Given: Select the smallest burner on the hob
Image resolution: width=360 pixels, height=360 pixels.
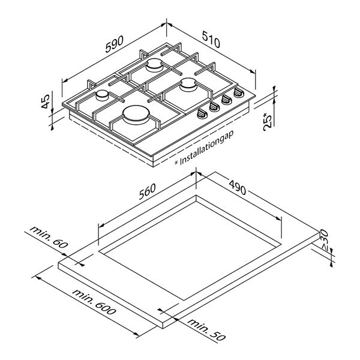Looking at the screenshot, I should pyautogui.click(x=103, y=95).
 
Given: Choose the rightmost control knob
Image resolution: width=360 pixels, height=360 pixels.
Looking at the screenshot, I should pyautogui.click(x=239, y=94).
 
